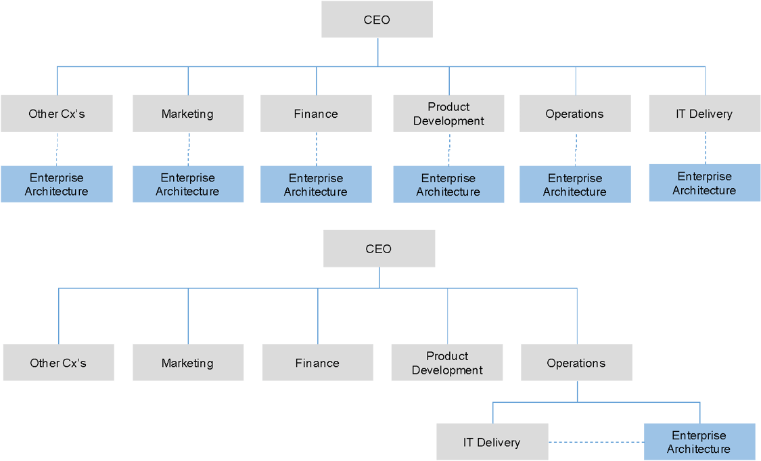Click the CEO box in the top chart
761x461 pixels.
(x=377, y=20)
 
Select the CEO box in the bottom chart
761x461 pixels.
(x=379, y=248)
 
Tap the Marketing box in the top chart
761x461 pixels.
(x=187, y=114)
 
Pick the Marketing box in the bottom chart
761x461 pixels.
(x=187, y=363)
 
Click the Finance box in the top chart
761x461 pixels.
(x=316, y=114)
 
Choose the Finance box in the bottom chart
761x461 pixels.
(x=317, y=363)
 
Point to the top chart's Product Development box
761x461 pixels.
(x=448, y=114)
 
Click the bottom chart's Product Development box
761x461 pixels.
(x=447, y=363)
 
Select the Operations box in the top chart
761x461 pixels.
(x=575, y=114)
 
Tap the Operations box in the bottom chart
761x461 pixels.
(x=576, y=363)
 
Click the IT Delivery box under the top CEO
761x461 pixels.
(x=704, y=114)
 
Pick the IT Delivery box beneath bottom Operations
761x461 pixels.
(x=492, y=442)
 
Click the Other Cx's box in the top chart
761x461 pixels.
(x=57, y=114)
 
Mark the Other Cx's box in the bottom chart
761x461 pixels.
(x=58, y=363)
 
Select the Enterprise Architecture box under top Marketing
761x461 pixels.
(x=187, y=184)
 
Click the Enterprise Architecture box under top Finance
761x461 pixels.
(x=316, y=184)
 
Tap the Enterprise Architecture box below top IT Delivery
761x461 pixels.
(x=704, y=183)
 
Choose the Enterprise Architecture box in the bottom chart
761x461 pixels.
(x=699, y=442)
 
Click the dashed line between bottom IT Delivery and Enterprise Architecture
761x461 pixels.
(x=595, y=443)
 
